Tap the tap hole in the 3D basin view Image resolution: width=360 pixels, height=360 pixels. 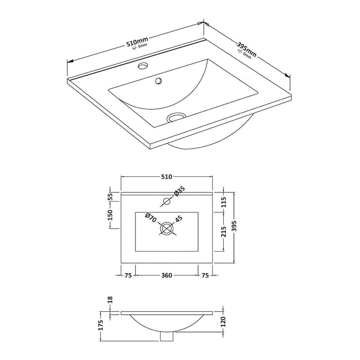[x=143, y=67]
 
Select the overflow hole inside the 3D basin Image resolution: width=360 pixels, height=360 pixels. [x=158, y=81]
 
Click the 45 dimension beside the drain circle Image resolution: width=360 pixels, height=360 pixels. [x=179, y=219]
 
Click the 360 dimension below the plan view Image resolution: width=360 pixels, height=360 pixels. [x=167, y=276]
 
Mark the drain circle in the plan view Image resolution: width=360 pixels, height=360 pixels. [x=167, y=229]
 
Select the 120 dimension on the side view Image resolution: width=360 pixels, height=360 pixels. [x=224, y=322]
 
